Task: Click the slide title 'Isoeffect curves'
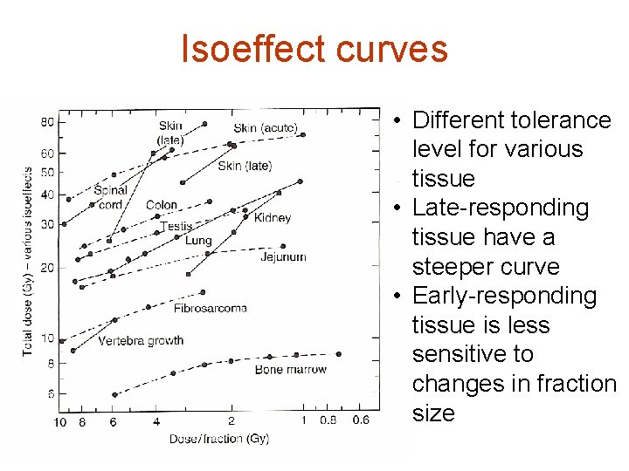(x=314, y=49)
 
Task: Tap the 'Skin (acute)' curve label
(x=266, y=128)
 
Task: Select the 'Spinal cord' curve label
(x=112, y=197)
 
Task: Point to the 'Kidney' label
(x=273, y=217)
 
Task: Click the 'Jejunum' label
(x=283, y=256)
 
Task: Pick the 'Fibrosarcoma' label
(x=211, y=308)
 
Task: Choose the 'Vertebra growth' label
(x=141, y=340)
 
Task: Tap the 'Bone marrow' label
(x=291, y=369)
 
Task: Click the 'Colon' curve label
(x=162, y=205)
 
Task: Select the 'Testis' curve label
(x=176, y=227)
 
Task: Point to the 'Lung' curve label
(x=198, y=240)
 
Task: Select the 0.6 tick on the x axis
(x=361, y=420)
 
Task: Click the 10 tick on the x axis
(x=59, y=422)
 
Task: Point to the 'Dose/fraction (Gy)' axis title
(x=219, y=438)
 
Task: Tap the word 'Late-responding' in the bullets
(x=501, y=208)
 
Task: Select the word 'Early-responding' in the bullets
(x=504, y=296)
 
